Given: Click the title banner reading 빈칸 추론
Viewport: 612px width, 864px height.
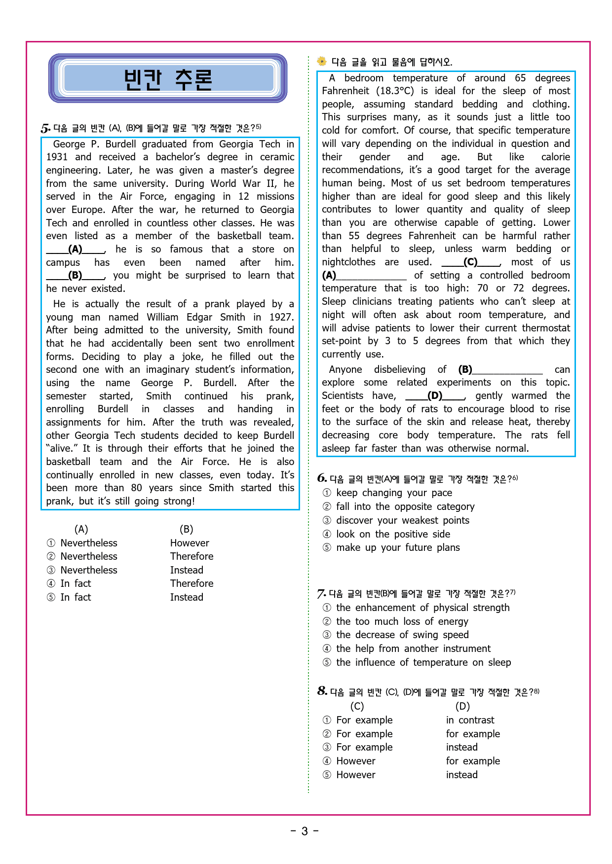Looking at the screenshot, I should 168,79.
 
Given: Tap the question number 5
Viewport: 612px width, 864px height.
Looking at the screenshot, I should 45,129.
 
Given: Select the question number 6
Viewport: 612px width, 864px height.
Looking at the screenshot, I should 322,478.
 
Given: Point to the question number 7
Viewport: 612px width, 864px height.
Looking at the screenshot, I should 321,594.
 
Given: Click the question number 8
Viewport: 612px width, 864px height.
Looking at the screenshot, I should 322,691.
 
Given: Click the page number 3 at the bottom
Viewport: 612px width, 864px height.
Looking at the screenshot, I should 305,831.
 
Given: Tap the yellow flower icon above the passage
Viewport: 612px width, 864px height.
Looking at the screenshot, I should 322,62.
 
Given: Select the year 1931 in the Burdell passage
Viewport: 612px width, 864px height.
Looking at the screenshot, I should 57,157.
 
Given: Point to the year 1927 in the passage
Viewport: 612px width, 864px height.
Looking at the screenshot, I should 281,317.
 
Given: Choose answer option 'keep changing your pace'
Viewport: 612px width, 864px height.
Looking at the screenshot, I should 394,493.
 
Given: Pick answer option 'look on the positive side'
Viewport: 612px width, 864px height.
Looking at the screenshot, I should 393,534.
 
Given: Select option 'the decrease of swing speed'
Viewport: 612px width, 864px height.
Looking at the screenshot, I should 402,635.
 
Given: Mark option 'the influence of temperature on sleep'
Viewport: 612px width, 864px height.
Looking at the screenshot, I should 423,662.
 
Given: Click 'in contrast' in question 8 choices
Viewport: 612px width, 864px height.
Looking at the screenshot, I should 470,720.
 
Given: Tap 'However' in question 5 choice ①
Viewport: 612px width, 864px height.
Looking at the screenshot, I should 190,543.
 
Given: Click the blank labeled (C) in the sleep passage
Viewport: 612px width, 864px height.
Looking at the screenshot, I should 471,262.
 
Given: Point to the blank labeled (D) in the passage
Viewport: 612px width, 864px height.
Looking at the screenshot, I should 435,396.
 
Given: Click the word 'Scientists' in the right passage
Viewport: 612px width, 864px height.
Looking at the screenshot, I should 343,396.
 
